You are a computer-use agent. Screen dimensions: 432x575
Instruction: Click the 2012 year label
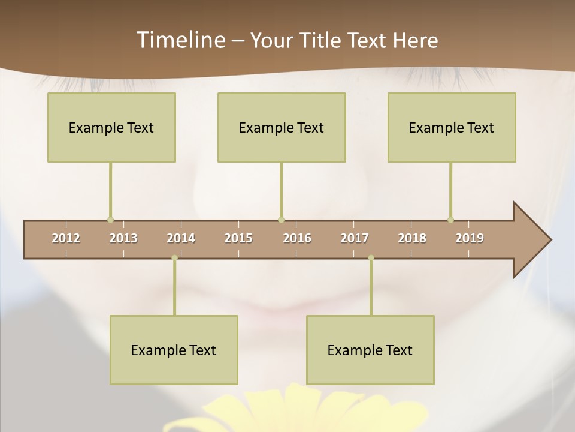click(66, 238)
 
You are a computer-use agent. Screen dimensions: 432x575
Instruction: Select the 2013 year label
click(123, 238)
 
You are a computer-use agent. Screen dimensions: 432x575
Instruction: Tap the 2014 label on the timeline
click(181, 238)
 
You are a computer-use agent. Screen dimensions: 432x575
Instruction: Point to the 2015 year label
click(238, 238)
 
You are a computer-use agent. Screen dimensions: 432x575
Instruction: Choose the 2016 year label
click(297, 238)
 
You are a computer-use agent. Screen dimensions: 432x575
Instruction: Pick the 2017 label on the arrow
click(355, 238)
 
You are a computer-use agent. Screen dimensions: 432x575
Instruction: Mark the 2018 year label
click(412, 238)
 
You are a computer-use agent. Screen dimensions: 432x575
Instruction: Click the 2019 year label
click(470, 238)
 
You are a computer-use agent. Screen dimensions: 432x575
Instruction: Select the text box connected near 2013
click(111, 127)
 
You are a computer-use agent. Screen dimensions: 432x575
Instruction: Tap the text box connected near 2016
click(282, 127)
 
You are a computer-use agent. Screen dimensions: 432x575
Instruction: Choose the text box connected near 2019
click(452, 127)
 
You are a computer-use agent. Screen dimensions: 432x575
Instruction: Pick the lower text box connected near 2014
click(174, 350)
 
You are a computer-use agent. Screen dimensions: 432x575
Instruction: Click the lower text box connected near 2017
click(370, 350)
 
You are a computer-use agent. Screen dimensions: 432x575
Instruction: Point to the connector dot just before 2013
click(110, 220)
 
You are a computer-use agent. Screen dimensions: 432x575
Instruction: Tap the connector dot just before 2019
click(450, 220)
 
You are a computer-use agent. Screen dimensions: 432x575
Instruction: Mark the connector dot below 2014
click(174, 258)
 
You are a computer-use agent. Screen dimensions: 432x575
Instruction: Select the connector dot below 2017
click(371, 258)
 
